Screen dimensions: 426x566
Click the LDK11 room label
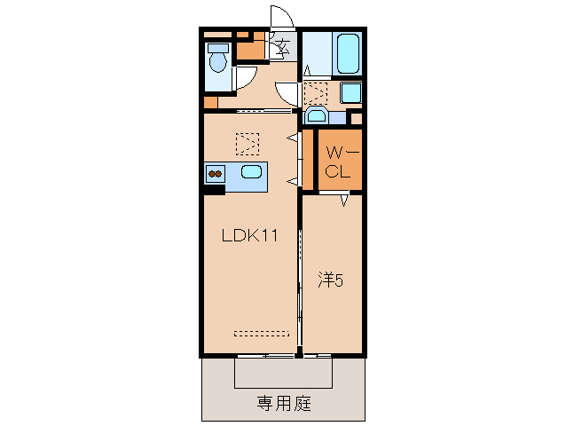coord(251,236)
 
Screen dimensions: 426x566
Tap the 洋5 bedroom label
coord(331,280)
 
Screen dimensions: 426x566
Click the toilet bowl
coord(216,60)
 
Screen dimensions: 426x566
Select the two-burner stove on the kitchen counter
coord(215,173)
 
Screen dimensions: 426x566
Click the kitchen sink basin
coord(251,172)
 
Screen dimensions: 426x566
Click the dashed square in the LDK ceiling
coord(248,143)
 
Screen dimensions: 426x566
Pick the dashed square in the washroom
coord(316,92)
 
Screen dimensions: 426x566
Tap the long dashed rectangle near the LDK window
coord(262,334)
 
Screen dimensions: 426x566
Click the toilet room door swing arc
coord(240,78)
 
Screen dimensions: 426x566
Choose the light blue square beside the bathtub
coord(350,92)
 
